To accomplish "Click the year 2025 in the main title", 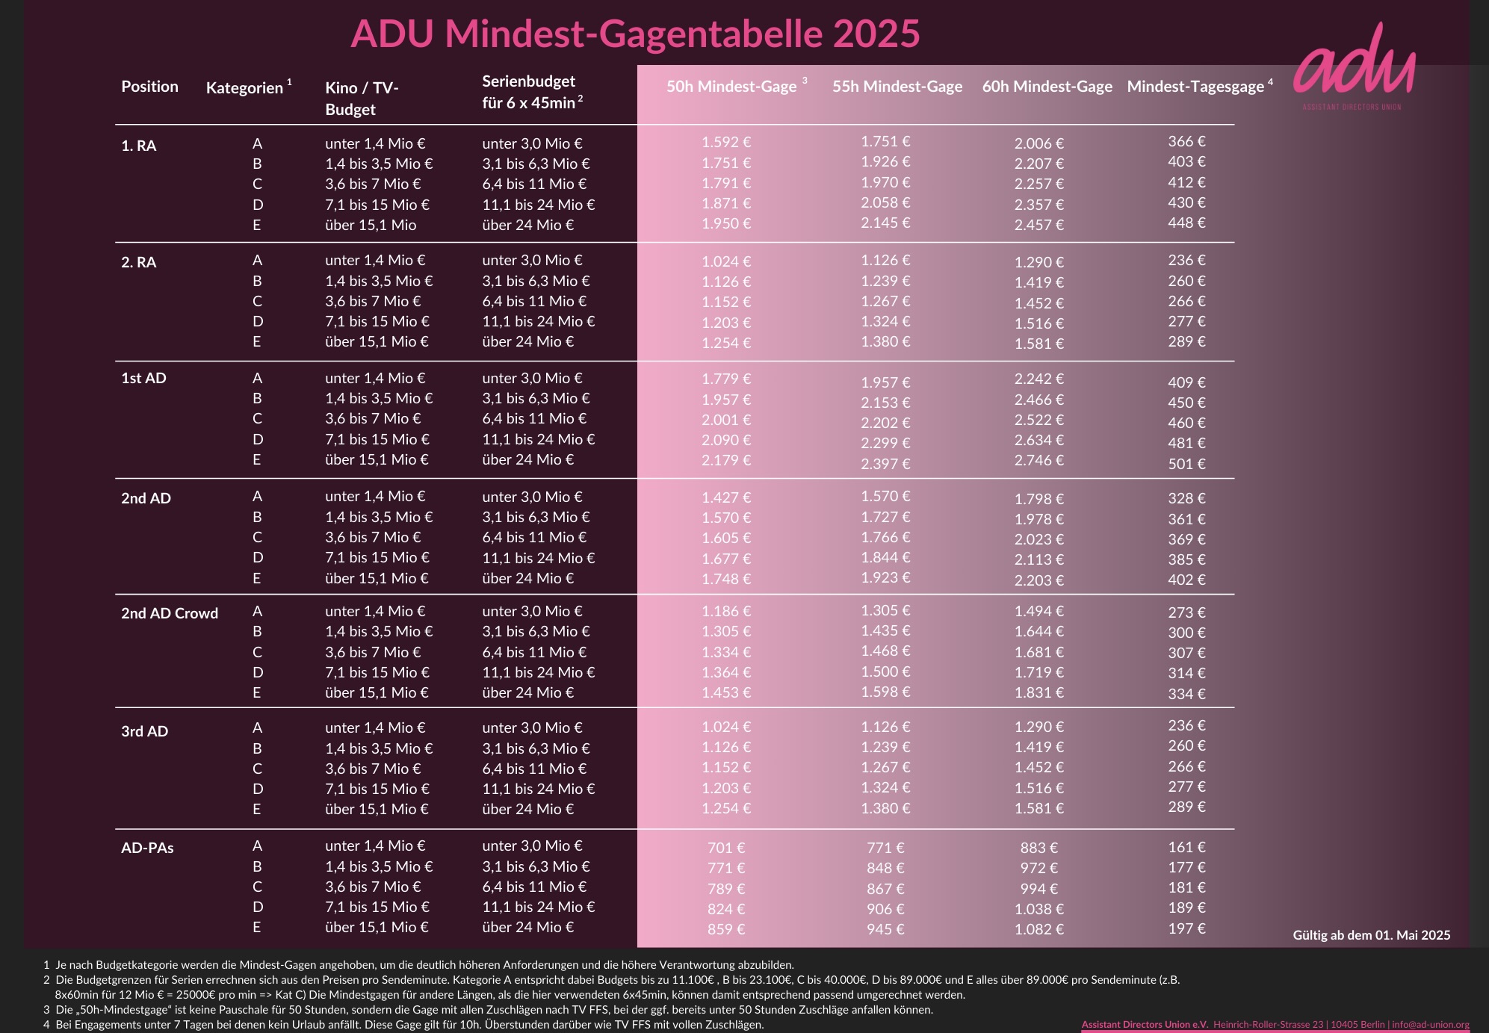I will pyautogui.click(x=876, y=34).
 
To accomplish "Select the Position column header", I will pyautogui.click(x=149, y=87).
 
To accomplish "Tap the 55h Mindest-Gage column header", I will pyautogui.click(x=897, y=87).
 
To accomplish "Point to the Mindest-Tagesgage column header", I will pyautogui.click(x=1195, y=87).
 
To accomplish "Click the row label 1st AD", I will pyautogui.click(x=143, y=378).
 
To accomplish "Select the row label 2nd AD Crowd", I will pyautogui.click(x=170, y=613).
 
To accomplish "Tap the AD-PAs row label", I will pyautogui.click(x=147, y=848).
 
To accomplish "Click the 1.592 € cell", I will pyautogui.click(x=725, y=142).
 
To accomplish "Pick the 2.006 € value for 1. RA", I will pyautogui.click(x=1038, y=143).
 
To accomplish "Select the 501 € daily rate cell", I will pyautogui.click(x=1186, y=464).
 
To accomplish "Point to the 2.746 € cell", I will pyautogui.click(x=1038, y=460).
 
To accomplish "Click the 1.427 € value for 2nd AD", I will pyautogui.click(x=725, y=497).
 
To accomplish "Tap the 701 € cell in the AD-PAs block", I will pyautogui.click(x=725, y=848).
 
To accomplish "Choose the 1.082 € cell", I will pyautogui.click(x=1038, y=929).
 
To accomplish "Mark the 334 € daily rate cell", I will pyautogui.click(x=1186, y=694).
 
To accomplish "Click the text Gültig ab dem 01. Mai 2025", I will pyautogui.click(x=1371, y=935).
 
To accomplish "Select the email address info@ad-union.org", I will pyautogui.click(x=1430, y=1024).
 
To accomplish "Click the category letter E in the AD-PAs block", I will pyautogui.click(x=257, y=927).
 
